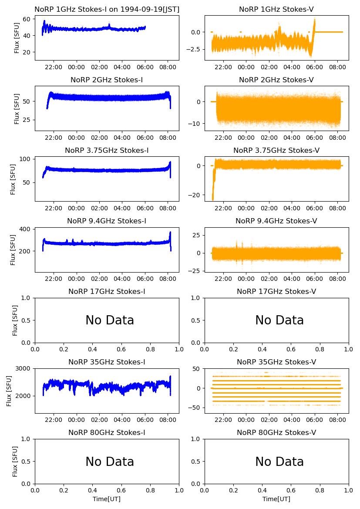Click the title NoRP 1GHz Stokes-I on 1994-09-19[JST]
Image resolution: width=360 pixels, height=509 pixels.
pyautogui.click(x=107, y=9)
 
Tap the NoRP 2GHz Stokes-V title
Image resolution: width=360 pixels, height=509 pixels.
pyautogui.click(x=276, y=80)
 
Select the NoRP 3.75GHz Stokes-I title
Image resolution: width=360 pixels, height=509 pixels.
pyautogui.click(x=107, y=150)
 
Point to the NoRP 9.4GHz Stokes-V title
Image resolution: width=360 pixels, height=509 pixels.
pyautogui.click(x=276, y=221)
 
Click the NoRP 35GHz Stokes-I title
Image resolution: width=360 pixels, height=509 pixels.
pyautogui.click(x=107, y=362)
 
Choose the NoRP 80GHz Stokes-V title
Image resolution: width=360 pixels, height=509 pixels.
pyautogui.click(x=276, y=432)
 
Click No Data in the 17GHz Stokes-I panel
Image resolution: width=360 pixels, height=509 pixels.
pyautogui.click(x=110, y=320)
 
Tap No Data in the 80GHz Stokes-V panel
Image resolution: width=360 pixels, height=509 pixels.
pyautogui.click(x=279, y=462)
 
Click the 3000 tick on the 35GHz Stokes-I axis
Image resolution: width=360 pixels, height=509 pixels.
pyautogui.click(x=24, y=368)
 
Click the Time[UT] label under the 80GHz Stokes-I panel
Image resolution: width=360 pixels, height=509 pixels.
pyautogui.click(x=107, y=499)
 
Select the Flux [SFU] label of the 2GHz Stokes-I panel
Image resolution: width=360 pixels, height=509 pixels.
pyautogui.click(x=17, y=108)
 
